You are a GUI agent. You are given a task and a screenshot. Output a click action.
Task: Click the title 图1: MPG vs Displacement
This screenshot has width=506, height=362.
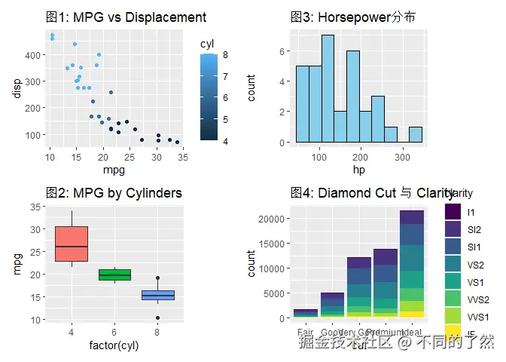pyautogui.click(x=125, y=17)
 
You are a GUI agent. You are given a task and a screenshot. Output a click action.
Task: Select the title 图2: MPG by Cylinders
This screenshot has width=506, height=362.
pyautogui.click(x=113, y=193)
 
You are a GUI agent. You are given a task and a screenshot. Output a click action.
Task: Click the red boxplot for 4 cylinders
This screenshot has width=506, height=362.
pyautogui.click(x=72, y=244)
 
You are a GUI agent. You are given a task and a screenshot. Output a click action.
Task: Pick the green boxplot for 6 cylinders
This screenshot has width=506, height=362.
pyautogui.click(x=114, y=275)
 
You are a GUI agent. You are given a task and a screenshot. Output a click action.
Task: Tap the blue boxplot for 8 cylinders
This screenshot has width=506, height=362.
pyautogui.click(x=158, y=295)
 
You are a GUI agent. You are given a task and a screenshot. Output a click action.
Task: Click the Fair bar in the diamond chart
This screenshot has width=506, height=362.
pyautogui.click(x=305, y=313)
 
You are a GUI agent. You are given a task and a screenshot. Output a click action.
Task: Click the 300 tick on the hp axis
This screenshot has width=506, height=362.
pyautogui.click(x=401, y=157)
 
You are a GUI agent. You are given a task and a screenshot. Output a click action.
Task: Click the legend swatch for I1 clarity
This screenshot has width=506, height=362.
pyautogui.click(x=453, y=212)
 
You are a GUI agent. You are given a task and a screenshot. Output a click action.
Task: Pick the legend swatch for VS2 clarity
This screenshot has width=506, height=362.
pyautogui.click(x=453, y=264)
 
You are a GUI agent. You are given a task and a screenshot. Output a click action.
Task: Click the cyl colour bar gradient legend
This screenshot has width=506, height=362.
pyautogui.click(x=210, y=97)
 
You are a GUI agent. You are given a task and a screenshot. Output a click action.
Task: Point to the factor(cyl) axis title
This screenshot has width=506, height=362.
pyautogui.click(x=114, y=345)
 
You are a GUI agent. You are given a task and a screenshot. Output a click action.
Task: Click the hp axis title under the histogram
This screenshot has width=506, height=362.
pyautogui.click(x=358, y=170)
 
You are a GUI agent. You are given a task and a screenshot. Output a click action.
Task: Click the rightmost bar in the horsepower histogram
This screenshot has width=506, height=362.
pyautogui.click(x=415, y=134)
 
